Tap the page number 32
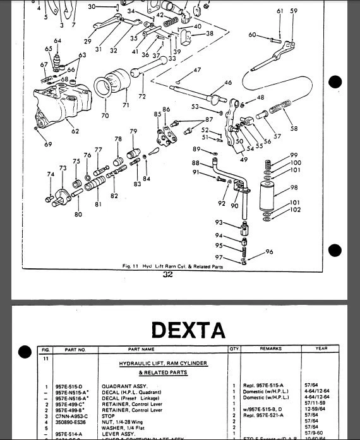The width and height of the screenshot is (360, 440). click(x=167, y=275)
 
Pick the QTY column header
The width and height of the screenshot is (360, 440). click(x=234, y=349)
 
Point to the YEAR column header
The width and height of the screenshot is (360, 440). click(x=322, y=349)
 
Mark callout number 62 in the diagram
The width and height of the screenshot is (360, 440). click(x=75, y=132)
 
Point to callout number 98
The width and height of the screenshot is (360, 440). click(x=294, y=187)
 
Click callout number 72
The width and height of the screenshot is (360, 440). click(x=142, y=97)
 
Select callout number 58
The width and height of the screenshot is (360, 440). click(x=294, y=128)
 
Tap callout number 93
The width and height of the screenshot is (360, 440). click(x=219, y=222)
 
